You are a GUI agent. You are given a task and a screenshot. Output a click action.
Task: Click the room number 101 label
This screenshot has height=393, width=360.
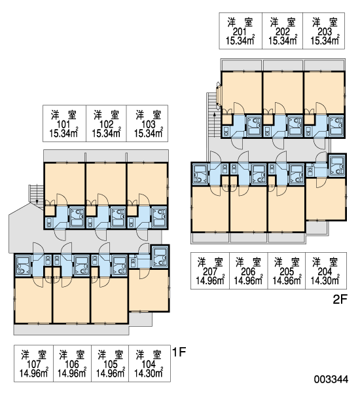(63, 124)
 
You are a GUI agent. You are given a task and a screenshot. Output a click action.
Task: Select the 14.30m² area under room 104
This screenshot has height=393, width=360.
(149, 373)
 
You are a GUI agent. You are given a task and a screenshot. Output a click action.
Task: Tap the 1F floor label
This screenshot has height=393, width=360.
(179, 352)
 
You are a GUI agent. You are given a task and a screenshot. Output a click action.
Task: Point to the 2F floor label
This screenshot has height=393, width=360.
(340, 299)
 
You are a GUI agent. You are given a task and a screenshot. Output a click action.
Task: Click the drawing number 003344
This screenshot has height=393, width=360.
(331, 379)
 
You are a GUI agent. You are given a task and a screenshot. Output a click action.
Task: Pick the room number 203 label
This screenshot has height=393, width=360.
(325, 32)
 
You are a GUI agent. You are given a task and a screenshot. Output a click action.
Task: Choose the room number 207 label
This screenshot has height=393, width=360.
(210, 271)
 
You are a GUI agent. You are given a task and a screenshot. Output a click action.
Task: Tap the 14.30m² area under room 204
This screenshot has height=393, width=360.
(325, 281)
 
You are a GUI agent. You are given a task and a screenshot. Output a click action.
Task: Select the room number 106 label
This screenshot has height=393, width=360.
(72, 364)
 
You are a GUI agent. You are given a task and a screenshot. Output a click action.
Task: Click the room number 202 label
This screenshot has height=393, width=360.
(283, 32)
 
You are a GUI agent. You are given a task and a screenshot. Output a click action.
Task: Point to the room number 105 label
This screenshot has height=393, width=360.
(110, 364)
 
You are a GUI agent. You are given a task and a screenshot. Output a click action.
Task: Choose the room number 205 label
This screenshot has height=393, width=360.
(287, 271)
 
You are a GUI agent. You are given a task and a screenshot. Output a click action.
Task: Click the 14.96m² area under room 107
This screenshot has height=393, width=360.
(34, 373)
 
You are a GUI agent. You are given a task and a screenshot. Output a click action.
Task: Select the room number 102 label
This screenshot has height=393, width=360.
(106, 124)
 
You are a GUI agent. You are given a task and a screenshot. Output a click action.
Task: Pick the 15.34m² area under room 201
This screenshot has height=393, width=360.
(240, 40)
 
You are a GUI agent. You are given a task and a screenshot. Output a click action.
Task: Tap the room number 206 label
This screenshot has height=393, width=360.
(248, 271)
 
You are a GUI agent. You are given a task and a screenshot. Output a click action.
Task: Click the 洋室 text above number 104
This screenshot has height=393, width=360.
(149, 355)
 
